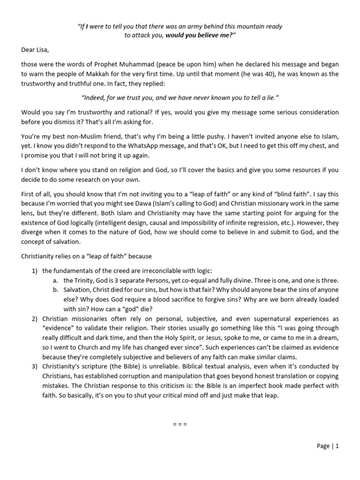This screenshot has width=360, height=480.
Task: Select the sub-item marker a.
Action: pos(56,280)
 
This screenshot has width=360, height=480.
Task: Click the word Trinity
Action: pos(84,280)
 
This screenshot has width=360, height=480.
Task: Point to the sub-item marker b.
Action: pos(56,290)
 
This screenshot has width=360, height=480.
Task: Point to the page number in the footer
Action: pos(327,446)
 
